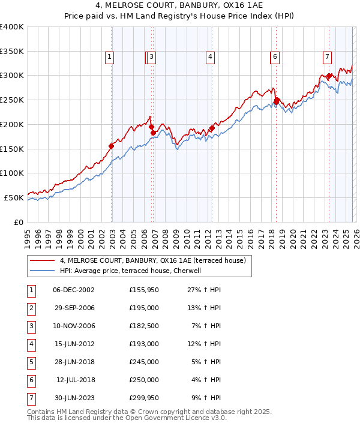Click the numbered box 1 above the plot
coord(110,58)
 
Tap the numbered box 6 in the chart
coord(275,58)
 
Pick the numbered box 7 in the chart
coord(327,58)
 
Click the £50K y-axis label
coord(14,197)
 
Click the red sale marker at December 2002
coord(112,146)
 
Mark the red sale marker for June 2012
coord(212,128)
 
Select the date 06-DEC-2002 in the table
coord(74,290)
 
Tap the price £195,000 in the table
coord(144,308)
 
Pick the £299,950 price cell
coord(144,398)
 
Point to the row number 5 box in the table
coord(31,362)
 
